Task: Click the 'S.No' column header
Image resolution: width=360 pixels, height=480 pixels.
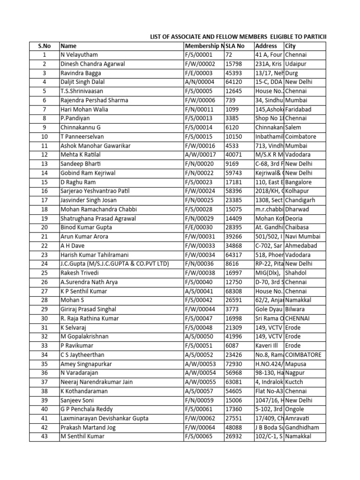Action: [x=44, y=46]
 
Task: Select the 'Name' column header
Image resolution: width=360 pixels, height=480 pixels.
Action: [x=68, y=46]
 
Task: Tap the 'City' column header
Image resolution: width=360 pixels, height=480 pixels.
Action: [x=290, y=46]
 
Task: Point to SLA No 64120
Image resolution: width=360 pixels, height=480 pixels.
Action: [x=235, y=82]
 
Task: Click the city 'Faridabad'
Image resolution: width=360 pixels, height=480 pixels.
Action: [x=300, y=110]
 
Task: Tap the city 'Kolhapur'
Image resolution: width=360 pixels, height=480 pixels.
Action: [x=299, y=191]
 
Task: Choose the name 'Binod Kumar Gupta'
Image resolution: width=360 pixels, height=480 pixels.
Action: [x=86, y=228]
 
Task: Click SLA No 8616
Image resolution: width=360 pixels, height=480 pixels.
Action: [x=232, y=264]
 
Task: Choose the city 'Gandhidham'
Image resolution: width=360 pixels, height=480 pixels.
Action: [x=304, y=427]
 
